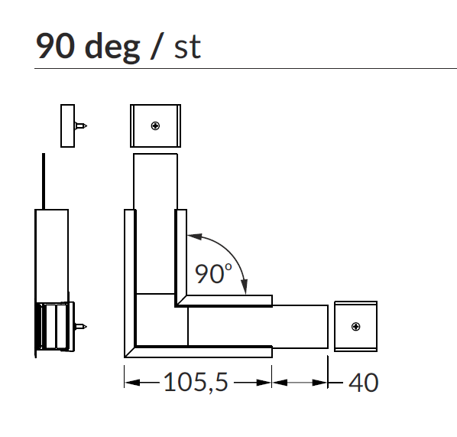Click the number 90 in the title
point(55,46)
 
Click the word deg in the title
point(112,47)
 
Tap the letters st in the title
point(187,47)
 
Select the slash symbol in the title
point(157,46)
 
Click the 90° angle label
point(213,273)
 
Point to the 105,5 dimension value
point(196,382)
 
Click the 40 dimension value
point(364,383)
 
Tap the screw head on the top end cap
point(155,126)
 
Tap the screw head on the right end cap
point(355,326)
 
